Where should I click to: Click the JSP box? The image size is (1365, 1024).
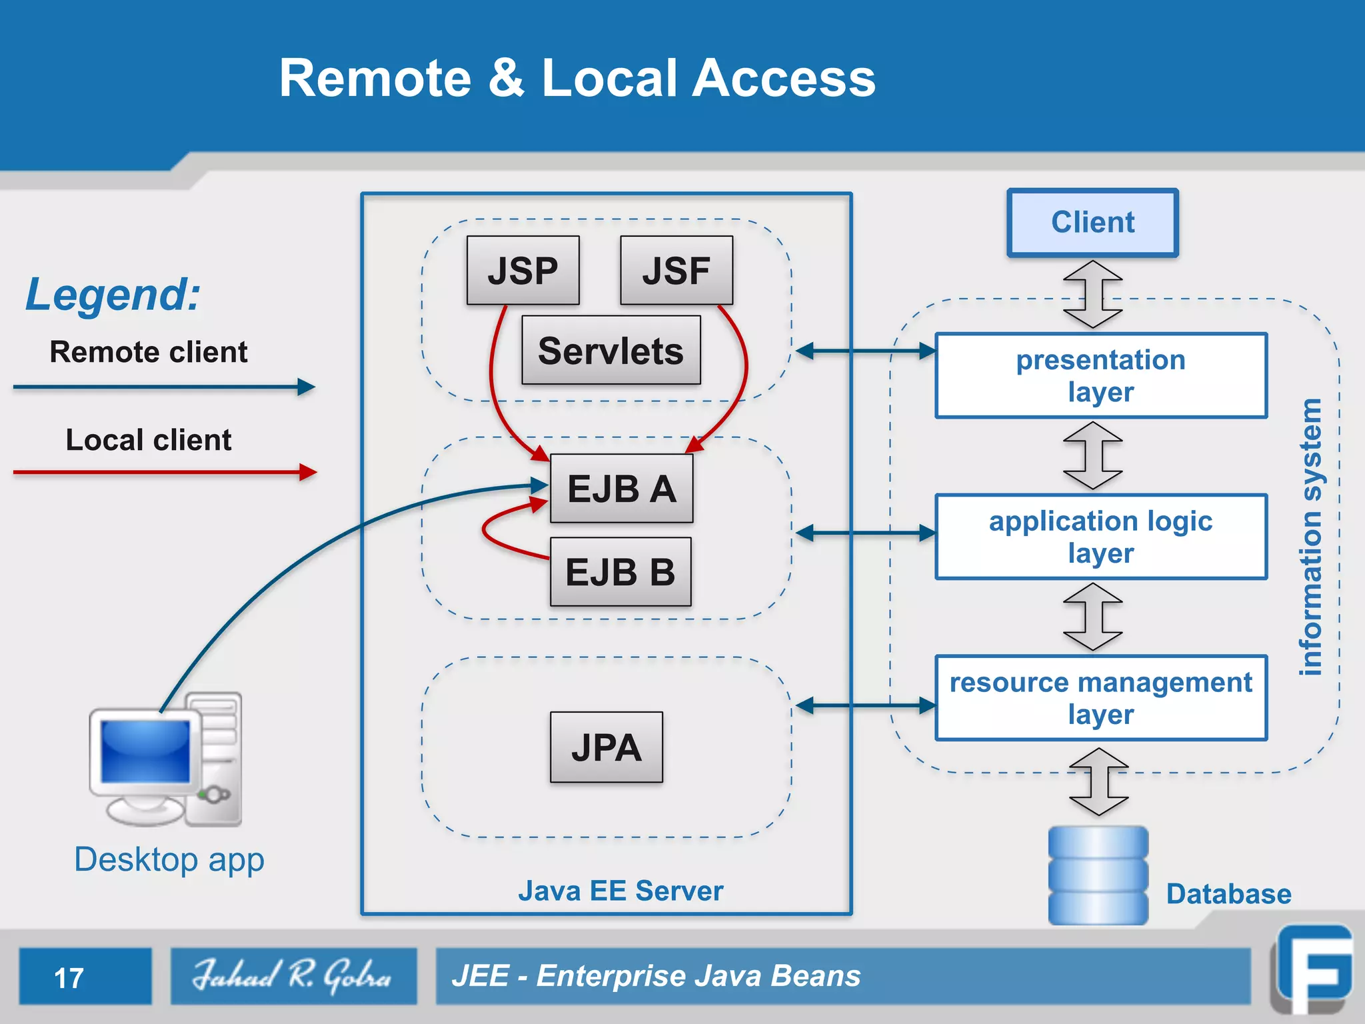point(523,271)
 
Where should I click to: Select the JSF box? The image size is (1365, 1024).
point(676,271)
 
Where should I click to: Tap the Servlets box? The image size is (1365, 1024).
point(611,351)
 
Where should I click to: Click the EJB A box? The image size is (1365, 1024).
point(621,489)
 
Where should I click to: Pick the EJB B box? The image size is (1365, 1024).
point(620,572)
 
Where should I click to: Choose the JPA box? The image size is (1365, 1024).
point(606,747)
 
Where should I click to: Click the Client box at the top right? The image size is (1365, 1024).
point(1092,223)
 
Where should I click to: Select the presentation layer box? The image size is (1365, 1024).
point(1100,376)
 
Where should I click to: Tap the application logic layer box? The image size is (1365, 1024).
point(1100,537)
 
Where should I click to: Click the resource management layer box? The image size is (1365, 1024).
point(1100,698)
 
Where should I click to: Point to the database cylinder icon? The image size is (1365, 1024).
point(1098,875)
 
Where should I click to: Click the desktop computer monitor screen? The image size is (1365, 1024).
point(145,752)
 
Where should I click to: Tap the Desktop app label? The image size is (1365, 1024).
point(169,859)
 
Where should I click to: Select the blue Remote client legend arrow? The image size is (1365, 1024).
point(163,387)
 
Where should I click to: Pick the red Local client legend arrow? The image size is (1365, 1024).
point(163,472)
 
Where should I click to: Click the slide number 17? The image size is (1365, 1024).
point(69,978)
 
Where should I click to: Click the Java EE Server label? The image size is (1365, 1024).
point(620,891)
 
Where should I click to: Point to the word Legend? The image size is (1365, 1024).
point(113,294)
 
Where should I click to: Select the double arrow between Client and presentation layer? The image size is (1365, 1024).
point(1092,294)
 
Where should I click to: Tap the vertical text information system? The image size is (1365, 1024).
point(1310,537)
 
